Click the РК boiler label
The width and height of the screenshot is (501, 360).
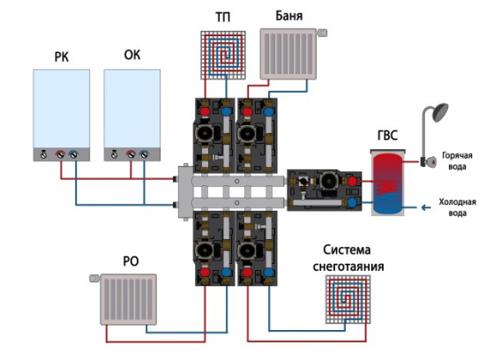(62, 57)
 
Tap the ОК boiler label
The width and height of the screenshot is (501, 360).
(132, 55)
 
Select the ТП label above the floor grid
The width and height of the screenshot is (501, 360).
(222, 18)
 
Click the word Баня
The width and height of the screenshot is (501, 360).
(288, 16)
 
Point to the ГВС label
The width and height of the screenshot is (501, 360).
(387, 136)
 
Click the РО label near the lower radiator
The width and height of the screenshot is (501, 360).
(131, 261)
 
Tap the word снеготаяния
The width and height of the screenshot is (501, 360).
(348, 266)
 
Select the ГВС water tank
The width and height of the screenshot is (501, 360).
(388, 183)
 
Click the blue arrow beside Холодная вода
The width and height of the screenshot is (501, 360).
(426, 208)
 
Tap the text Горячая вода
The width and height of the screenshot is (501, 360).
(457, 161)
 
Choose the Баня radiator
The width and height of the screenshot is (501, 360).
(288, 54)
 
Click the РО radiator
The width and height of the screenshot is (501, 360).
(129, 299)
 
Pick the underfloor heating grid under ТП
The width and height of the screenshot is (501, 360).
(223, 55)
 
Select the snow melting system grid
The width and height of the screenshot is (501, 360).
(348, 299)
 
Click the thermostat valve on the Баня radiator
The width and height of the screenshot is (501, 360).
(322, 33)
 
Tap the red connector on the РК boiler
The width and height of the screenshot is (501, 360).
(60, 154)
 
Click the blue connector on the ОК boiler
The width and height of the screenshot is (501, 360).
(144, 154)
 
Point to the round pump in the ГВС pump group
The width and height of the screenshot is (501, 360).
(328, 181)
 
